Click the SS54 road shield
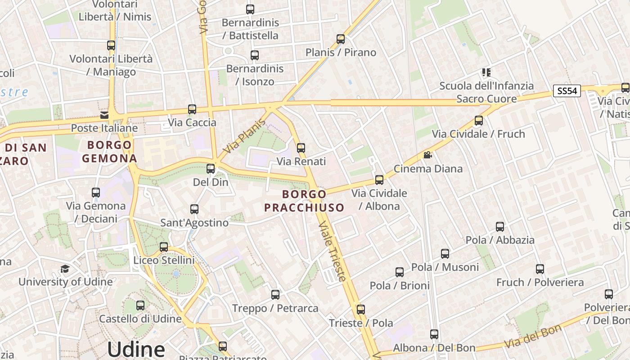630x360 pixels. pyautogui.click(x=567, y=91)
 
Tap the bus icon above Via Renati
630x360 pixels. pyautogui.click(x=301, y=148)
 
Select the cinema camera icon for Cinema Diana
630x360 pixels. pyautogui.click(x=427, y=155)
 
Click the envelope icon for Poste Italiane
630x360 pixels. pyautogui.click(x=105, y=115)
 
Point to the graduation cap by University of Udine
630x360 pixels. pyautogui.click(x=65, y=269)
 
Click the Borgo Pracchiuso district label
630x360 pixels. pyautogui.click(x=304, y=201)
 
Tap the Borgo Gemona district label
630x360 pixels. pyautogui.click(x=109, y=152)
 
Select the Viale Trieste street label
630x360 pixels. pyautogui.click(x=333, y=252)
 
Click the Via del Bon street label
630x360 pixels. pyautogui.click(x=533, y=336)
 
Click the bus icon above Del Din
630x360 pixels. pyautogui.click(x=211, y=169)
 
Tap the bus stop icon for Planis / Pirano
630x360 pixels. pyautogui.click(x=341, y=39)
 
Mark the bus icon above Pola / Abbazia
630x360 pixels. pyautogui.click(x=500, y=226)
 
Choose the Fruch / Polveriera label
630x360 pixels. pyautogui.click(x=540, y=283)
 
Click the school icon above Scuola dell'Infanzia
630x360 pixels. pyautogui.click(x=486, y=72)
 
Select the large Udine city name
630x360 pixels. pyautogui.click(x=136, y=349)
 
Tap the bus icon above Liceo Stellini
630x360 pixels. pyautogui.click(x=164, y=247)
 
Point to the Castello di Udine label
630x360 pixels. pyautogui.click(x=140, y=319)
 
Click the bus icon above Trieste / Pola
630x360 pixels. pyautogui.click(x=361, y=310)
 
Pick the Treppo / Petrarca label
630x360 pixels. pyautogui.click(x=275, y=309)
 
